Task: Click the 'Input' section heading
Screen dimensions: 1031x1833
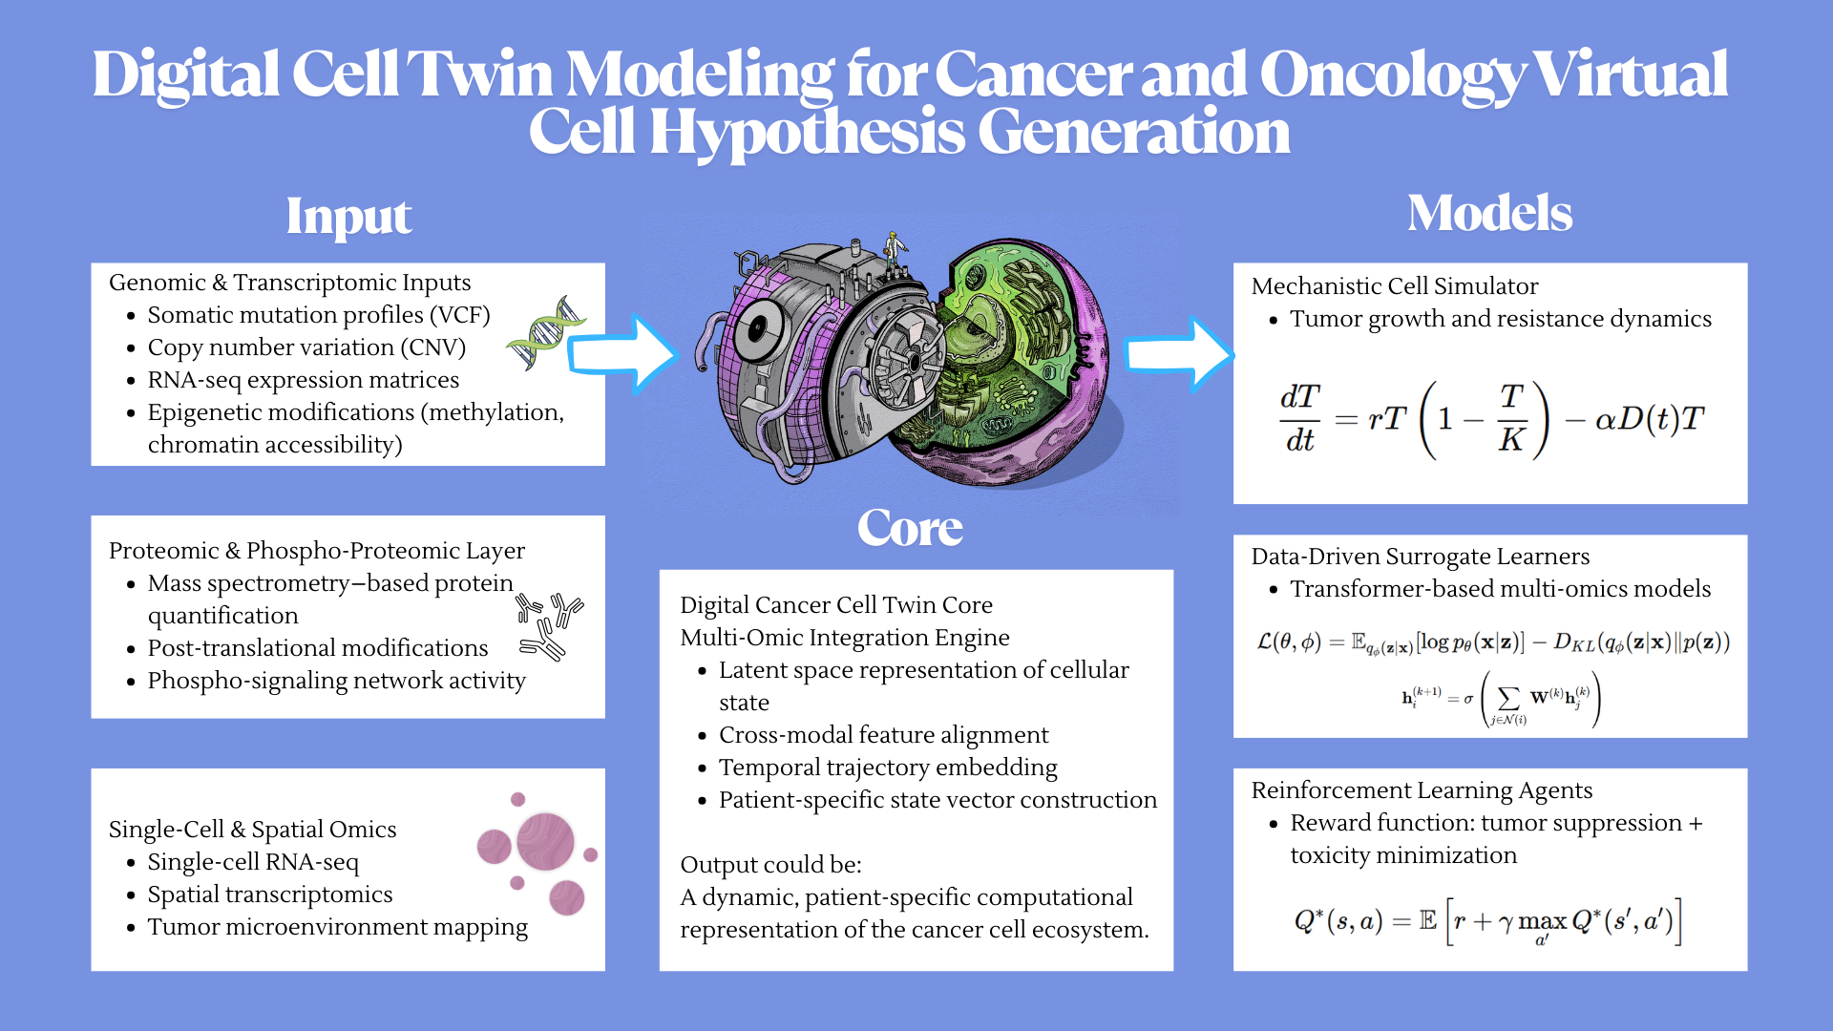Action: click(x=348, y=217)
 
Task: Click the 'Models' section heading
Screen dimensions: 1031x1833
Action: click(x=1489, y=213)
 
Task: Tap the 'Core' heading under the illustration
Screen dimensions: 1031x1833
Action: click(x=910, y=528)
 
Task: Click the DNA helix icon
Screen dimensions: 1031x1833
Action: click(x=546, y=333)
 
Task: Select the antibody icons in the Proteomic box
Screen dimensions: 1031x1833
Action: click(x=550, y=626)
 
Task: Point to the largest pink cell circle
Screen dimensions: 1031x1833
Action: click(x=545, y=841)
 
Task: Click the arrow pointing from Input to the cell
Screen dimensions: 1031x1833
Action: click(x=622, y=354)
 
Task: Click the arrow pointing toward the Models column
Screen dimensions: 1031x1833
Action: click(x=1178, y=354)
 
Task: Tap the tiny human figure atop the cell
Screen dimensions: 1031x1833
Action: click(x=894, y=250)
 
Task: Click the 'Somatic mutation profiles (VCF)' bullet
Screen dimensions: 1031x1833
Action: click(x=318, y=315)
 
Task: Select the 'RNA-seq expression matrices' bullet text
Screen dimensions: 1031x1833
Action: click(x=303, y=380)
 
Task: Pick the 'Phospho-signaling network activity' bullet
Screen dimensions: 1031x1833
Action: click(x=336, y=681)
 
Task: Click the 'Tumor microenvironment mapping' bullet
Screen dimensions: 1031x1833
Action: click(x=337, y=927)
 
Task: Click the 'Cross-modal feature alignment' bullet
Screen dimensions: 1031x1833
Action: click(x=883, y=735)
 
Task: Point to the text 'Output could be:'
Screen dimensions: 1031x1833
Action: click(x=770, y=865)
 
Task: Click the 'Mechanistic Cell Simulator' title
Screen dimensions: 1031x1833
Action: click(x=1394, y=286)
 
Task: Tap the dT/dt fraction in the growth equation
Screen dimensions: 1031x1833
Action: click(x=1299, y=418)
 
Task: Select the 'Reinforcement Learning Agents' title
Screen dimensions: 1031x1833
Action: click(x=1422, y=790)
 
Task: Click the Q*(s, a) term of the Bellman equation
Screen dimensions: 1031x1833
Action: click(x=1338, y=921)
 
